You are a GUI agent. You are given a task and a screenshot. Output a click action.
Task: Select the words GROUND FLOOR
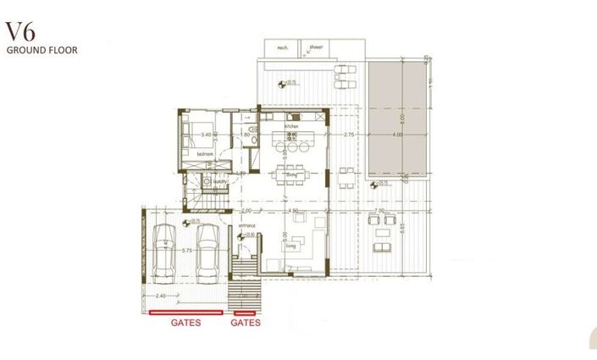[41, 51]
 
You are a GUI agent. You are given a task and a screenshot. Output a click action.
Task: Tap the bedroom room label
[204, 154]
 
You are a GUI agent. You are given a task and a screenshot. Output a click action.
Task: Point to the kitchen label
[290, 126]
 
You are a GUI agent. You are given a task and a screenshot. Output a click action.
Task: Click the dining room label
[290, 174]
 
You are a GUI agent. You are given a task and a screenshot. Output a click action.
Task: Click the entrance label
[246, 226]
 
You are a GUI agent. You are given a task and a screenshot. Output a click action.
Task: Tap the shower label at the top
[316, 47]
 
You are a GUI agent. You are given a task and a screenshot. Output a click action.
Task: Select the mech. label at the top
[283, 47]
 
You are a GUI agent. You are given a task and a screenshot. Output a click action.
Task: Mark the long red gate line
[185, 313]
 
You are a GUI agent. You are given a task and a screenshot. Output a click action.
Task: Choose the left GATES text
[185, 324]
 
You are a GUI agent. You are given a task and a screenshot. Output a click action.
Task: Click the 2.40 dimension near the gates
[161, 295]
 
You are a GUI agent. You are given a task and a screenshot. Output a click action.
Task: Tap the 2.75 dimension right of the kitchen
[348, 135]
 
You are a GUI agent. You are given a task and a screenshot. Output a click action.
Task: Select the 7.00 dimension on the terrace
[379, 210]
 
